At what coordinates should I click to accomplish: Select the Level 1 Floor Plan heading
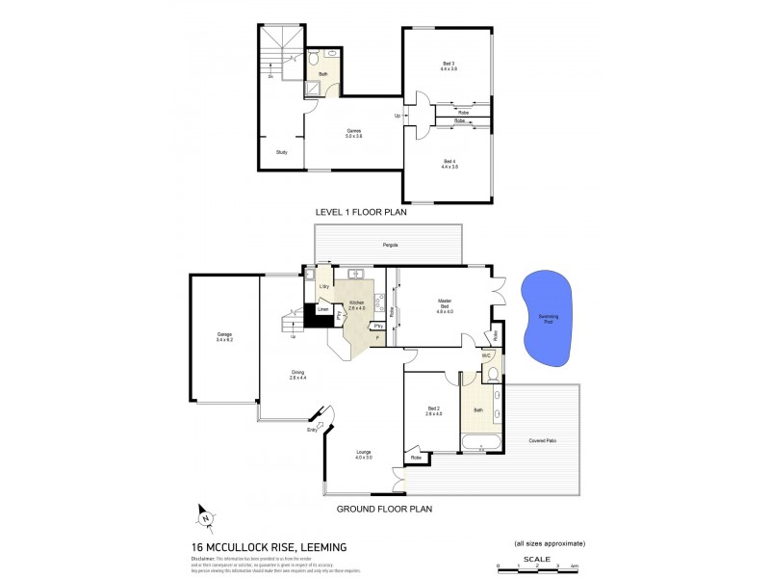tap(361, 212)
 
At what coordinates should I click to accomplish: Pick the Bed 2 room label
tap(434, 411)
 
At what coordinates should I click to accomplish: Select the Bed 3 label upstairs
tap(449, 66)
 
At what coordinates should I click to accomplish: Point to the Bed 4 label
tap(449, 164)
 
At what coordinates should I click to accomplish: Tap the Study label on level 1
tap(281, 152)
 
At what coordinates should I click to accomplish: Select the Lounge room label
tap(363, 455)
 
